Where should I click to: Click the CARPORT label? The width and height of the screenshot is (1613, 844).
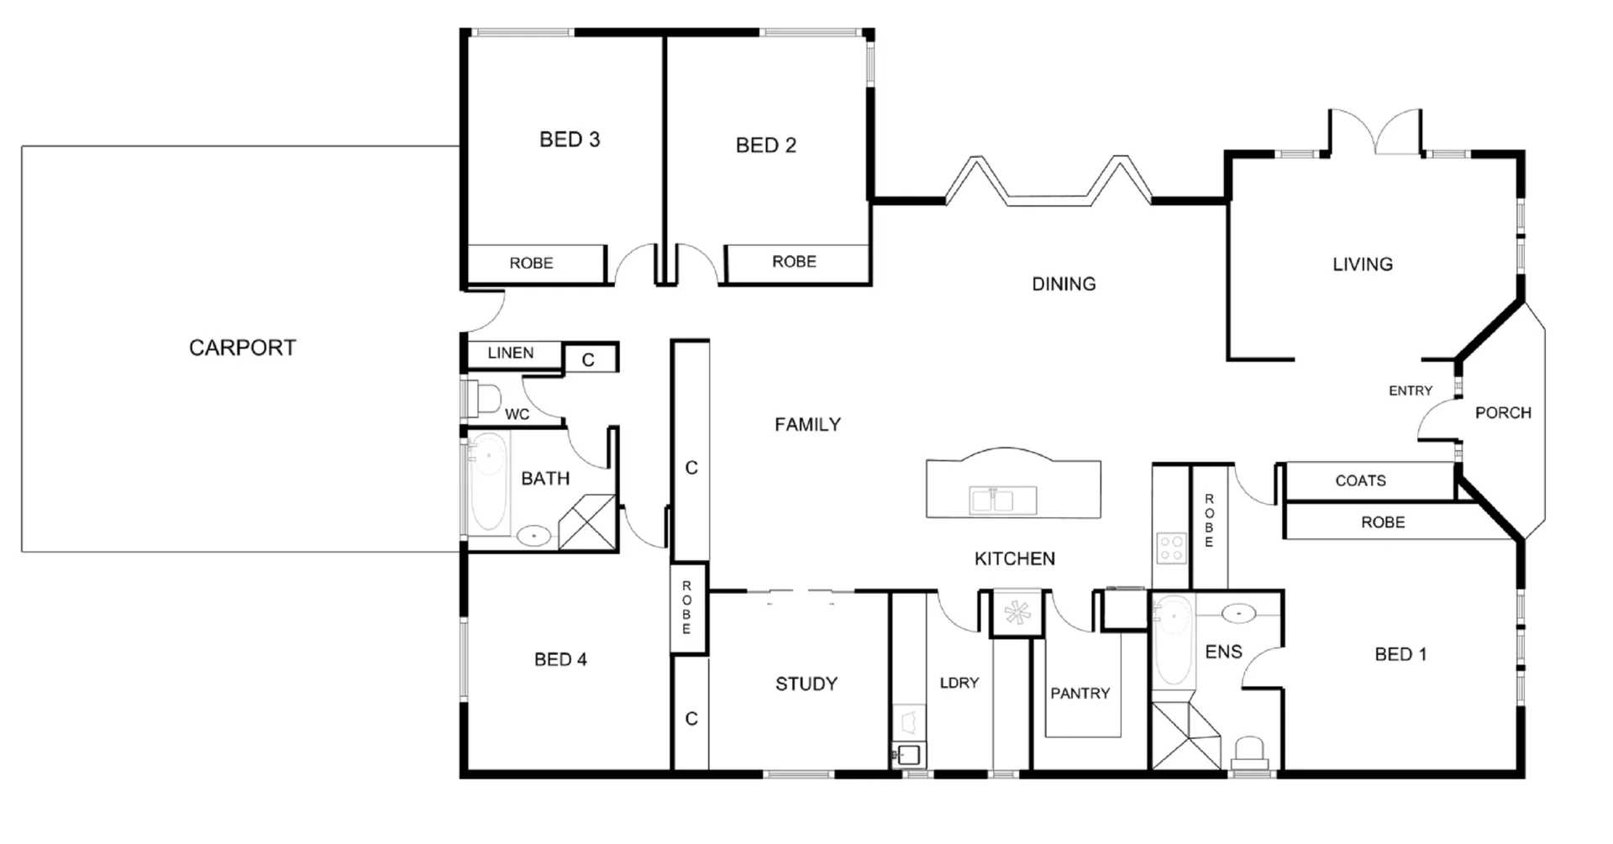point(242,348)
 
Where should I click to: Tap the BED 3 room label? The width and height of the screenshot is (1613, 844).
point(570,139)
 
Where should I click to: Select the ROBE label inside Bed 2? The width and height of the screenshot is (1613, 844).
point(794,262)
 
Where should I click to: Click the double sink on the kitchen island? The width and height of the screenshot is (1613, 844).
point(992,501)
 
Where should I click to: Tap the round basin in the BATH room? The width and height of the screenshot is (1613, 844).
point(533,535)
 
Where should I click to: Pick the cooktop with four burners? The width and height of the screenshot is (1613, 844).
point(1170,548)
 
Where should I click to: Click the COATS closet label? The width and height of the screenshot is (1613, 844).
point(1360,481)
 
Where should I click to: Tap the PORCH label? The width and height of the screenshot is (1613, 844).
point(1503,413)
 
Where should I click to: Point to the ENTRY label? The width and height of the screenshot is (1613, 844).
point(1410,391)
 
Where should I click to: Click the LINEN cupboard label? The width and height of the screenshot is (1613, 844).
point(510,353)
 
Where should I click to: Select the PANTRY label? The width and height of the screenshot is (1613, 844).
point(1080,694)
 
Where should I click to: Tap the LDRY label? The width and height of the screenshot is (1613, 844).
point(959,683)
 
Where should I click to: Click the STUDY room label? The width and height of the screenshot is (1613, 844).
point(806,684)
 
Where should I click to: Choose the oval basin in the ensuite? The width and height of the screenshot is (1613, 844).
point(1238,614)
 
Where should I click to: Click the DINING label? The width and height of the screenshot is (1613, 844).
point(1064,284)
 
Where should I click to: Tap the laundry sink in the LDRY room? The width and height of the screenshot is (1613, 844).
point(907,752)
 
